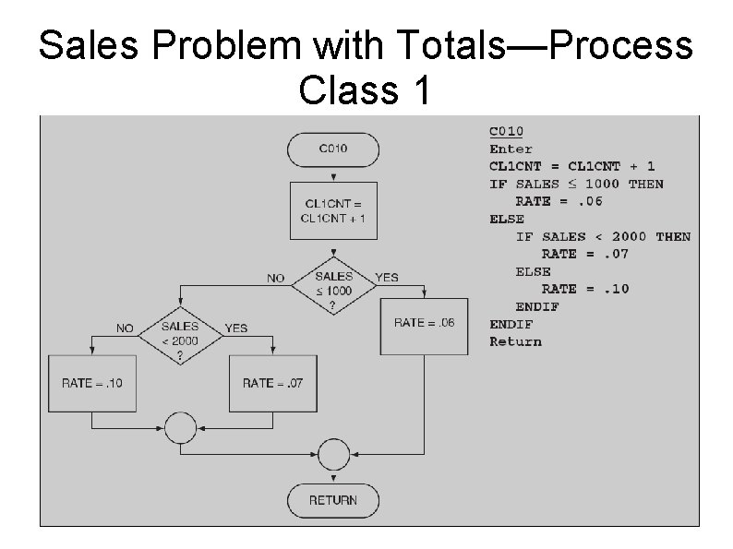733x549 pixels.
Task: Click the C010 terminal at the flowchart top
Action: coord(333,148)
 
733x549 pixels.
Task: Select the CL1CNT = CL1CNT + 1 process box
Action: coord(333,211)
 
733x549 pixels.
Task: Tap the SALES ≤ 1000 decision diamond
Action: coord(333,283)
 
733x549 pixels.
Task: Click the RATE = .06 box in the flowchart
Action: coord(424,323)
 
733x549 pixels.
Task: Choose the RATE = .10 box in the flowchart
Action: coord(91,382)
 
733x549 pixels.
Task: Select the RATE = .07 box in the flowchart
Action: coord(272,382)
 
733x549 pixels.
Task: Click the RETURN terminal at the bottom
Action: coord(333,500)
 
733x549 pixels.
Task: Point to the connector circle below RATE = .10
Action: coord(180,428)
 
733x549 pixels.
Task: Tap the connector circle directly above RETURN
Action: coord(333,453)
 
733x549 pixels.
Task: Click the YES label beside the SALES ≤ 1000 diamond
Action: coord(387,277)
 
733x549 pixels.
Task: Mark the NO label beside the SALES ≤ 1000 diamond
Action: coord(276,277)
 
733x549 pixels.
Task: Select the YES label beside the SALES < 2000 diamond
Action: coord(236,328)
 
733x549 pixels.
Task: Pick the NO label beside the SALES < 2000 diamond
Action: coord(124,328)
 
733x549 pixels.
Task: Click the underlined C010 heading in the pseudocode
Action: coord(506,131)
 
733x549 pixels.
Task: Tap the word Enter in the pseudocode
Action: coord(511,149)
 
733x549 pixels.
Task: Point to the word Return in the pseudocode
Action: coord(515,341)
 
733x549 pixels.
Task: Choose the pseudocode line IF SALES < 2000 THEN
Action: coord(602,236)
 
